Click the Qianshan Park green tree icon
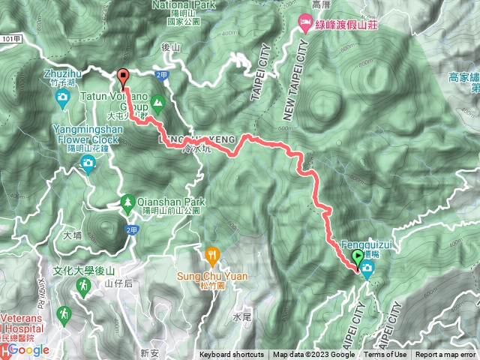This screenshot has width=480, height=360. tap(127, 202)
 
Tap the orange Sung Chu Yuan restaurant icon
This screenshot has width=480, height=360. tap(213, 255)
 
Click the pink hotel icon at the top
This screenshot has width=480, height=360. tap(306, 22)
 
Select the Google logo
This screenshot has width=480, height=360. tap(30, 349)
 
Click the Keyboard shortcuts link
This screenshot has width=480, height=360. tap(231, 355)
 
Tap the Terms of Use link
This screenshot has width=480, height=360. tap(385, 355)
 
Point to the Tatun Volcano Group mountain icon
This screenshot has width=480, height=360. tap(157, 101)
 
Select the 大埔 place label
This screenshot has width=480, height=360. tap(73, 235)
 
